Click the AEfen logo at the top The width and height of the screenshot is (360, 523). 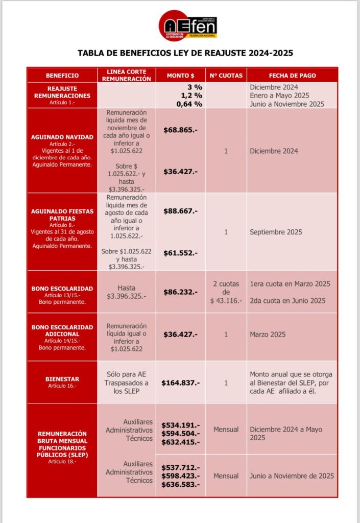tap(187, 26)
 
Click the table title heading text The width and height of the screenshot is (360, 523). tap(185, 53)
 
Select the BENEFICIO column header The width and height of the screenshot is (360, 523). tap(62, 76)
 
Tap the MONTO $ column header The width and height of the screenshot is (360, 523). tap(181, 76)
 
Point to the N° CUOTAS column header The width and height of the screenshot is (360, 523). tap(226, 76)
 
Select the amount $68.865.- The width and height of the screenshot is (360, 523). tap(181, 130)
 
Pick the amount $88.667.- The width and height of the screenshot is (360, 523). tap(181, 210)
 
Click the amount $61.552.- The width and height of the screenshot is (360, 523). tap(181, 252)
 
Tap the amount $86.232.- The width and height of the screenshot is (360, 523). tap(181, 292)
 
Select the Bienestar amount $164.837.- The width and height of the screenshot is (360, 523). tap(181, 383)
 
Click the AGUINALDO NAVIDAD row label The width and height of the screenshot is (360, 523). tap(62, 137)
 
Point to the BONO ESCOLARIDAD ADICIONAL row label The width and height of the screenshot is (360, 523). tap(62, 330)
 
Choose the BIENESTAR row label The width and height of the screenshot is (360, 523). tap(62, 379)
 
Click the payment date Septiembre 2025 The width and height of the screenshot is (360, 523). tap(276, 232)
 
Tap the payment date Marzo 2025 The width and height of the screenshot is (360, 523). tap(268, 335)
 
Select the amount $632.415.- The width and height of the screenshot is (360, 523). tap(181, 442)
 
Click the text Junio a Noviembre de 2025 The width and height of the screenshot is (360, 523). tap(292, 476)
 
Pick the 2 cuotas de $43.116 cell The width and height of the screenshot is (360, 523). tap(226, 292)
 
